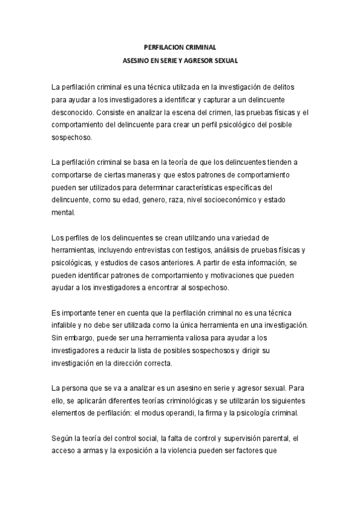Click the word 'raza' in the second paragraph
pos(176,200)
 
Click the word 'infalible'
pos(64,325)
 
